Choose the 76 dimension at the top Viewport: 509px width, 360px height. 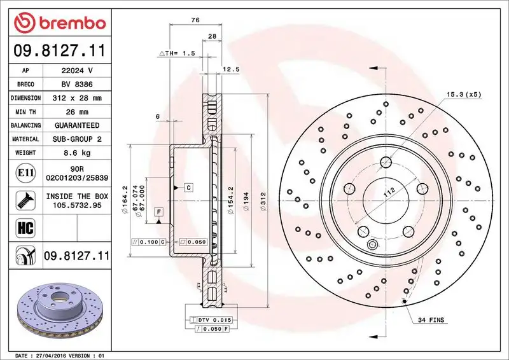pyautogui.click(x=195, y=20)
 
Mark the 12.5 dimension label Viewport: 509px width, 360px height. pyautogui.click(x=230, y=69)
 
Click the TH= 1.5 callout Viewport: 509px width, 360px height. pyautogui.click(x=176, y=54)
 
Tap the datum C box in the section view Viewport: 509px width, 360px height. pyautogui.click(x=189, y=187)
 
